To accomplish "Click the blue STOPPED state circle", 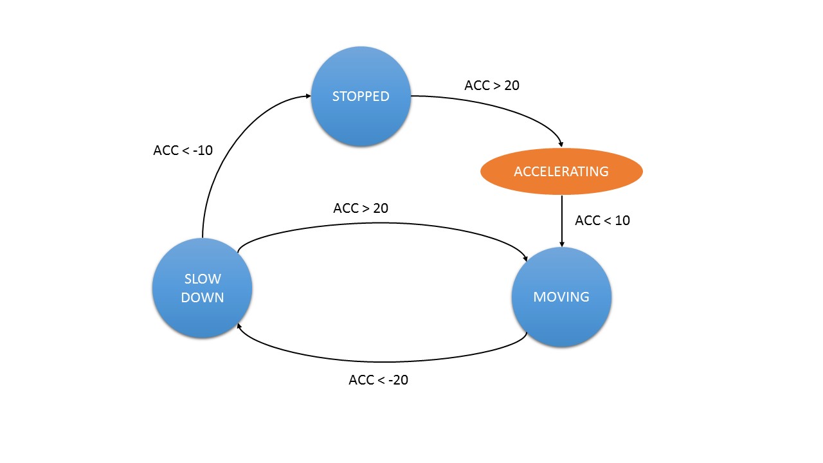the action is [361, 96].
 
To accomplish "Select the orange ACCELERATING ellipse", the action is [561, 171].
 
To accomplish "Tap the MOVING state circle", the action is [561, 297].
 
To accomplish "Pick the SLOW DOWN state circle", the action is [202, 288].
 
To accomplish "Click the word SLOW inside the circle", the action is [203, 279].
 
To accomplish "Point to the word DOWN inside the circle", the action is [203, 297].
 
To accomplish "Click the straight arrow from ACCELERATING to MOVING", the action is [562, 221].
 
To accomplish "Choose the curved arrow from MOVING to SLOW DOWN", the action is [382, 361].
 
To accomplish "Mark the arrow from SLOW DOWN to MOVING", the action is [382, 223].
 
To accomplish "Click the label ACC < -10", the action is [183, 150].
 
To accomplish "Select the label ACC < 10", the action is [602, 221].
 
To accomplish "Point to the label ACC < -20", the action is [379, 380].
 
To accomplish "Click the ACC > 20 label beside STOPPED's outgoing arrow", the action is [492, 86].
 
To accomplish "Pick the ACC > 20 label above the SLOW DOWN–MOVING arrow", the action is [361, 208].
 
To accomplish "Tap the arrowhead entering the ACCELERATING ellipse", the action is [561, 145].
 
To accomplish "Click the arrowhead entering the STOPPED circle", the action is [308, 96].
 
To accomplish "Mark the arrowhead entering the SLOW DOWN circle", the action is [239, 326].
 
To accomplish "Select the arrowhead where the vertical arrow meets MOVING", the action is [562, 244].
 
